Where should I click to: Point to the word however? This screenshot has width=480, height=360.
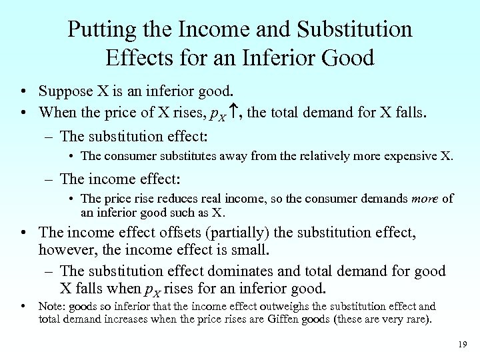67,251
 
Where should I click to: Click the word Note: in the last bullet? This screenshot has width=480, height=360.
52,307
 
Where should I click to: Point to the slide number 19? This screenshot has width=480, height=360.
463,344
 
